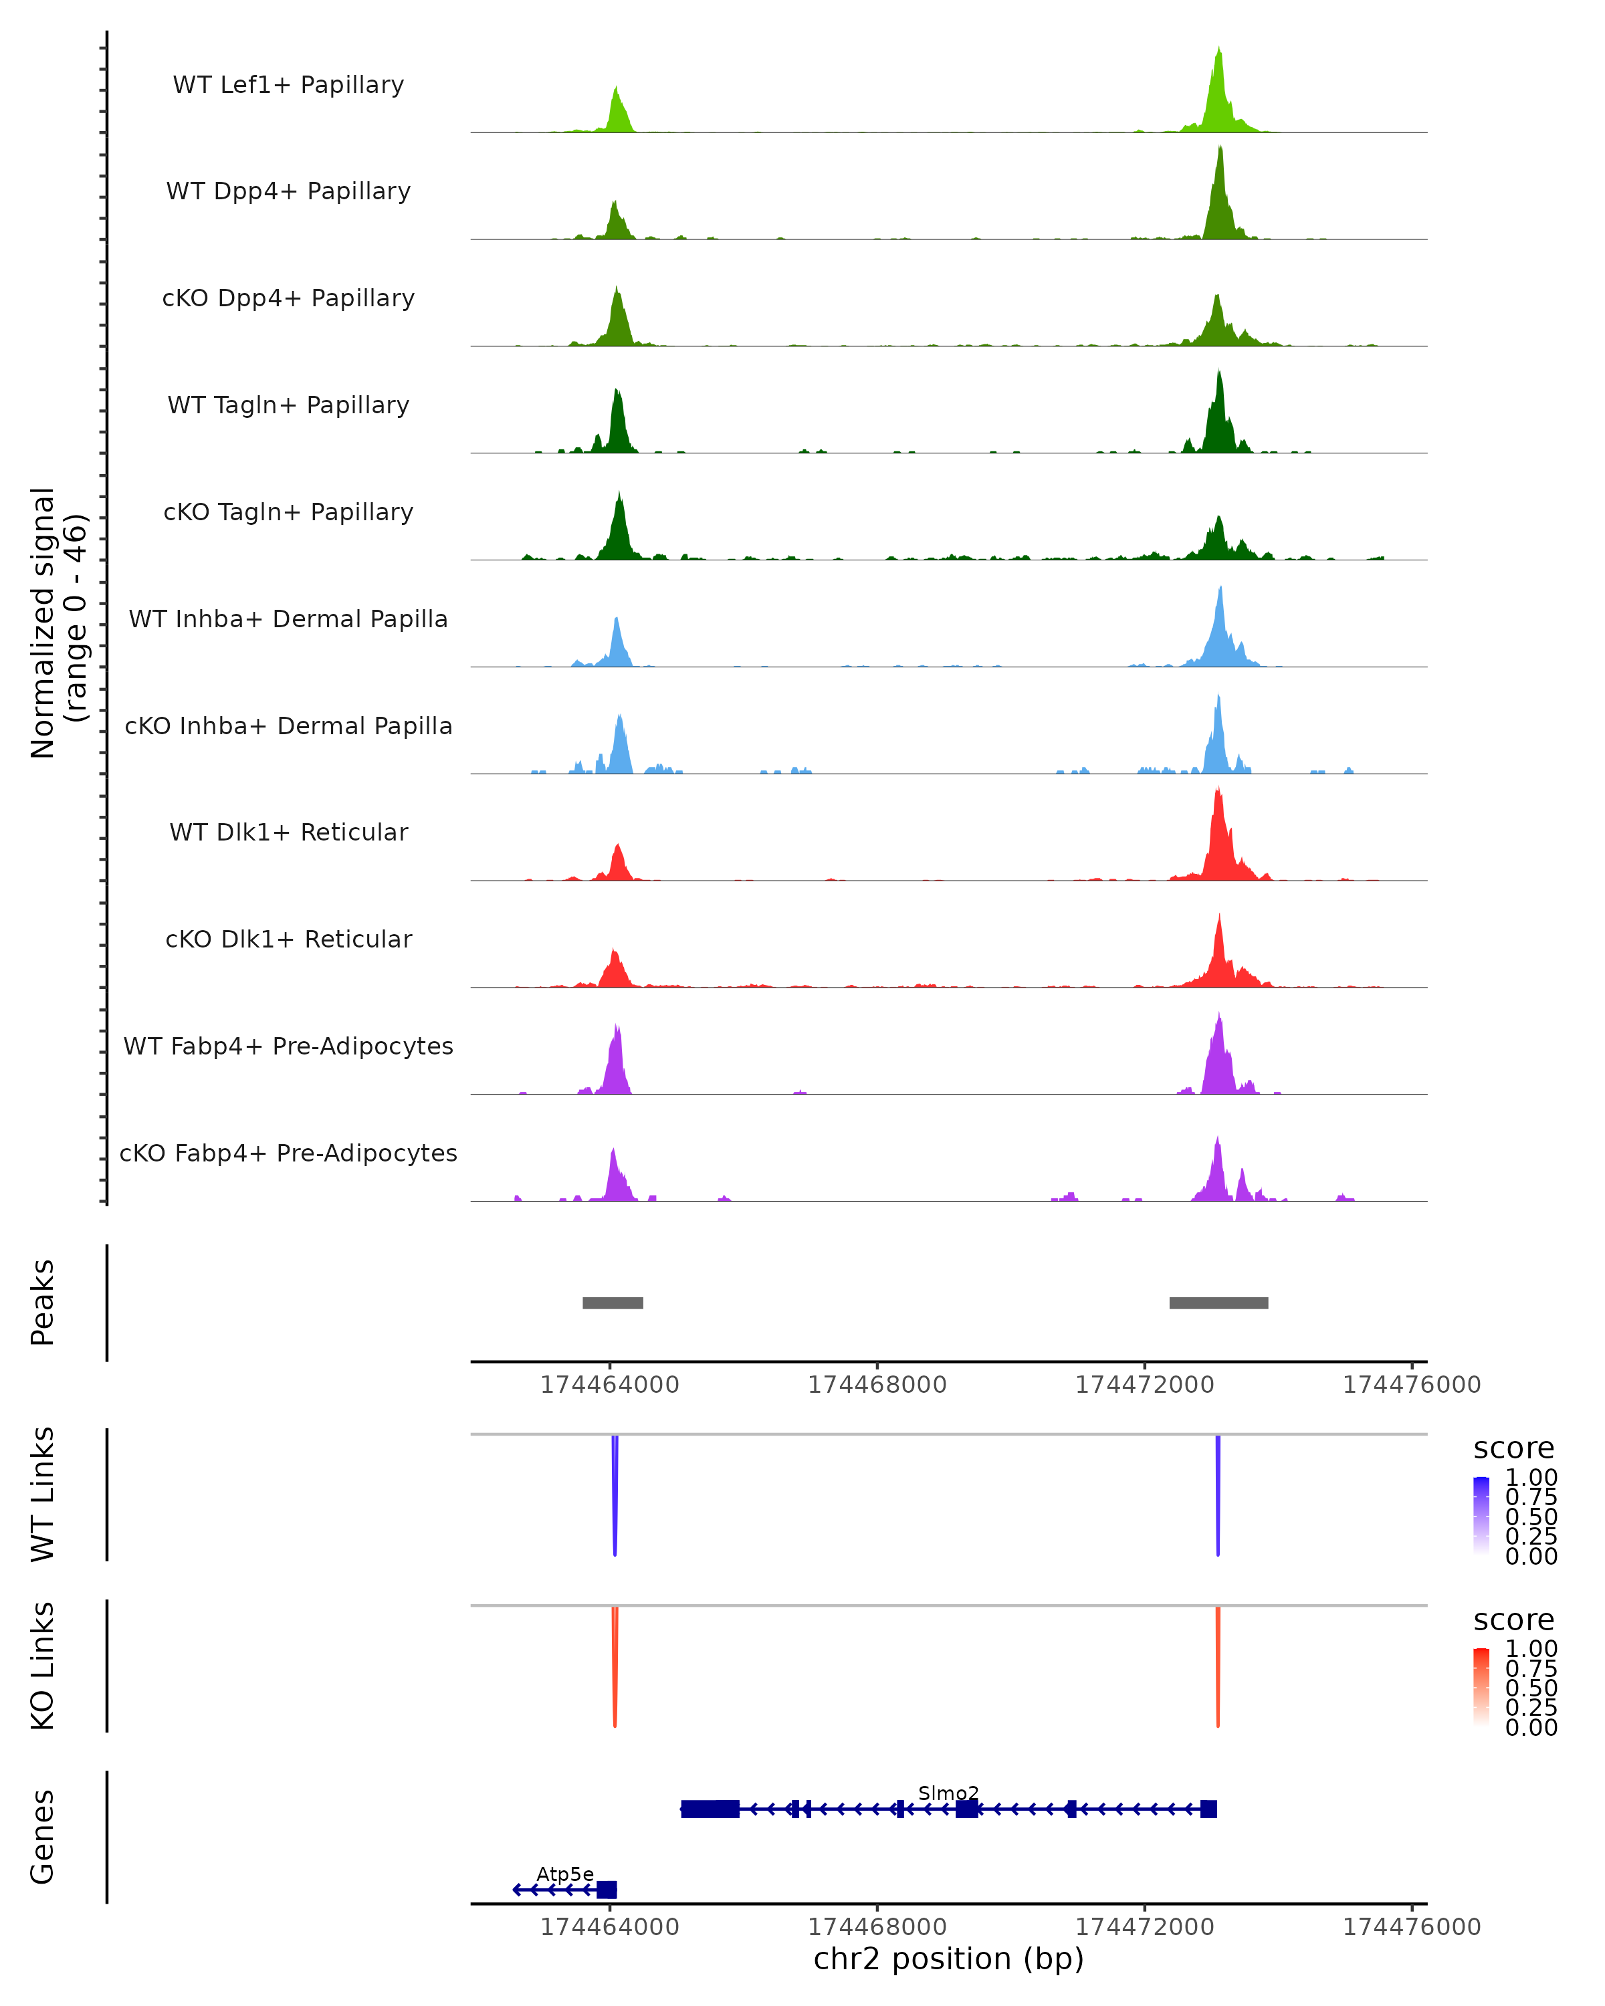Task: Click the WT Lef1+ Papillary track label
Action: [288, 85]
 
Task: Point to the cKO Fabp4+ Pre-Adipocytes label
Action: [288, 1153]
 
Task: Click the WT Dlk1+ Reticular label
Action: [288, 832]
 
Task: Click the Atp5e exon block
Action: [607, 1890]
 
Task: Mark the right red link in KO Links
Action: [1218, 1666]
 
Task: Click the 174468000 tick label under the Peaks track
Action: [877, 1385]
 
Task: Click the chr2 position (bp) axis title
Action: [948, 1959]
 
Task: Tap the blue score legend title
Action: [1514, 1449]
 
